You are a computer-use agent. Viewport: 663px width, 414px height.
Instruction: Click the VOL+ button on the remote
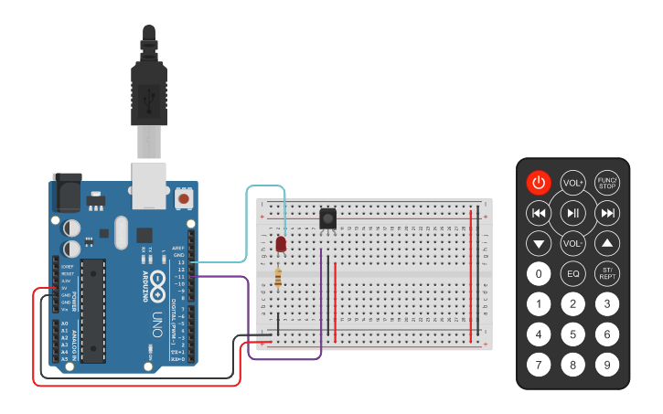pyautogui.click(x=573, y=183)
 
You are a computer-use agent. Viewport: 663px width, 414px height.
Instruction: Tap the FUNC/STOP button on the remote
pyautogui.click(x=606, y=183)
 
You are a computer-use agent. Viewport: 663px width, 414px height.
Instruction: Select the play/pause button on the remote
pyautogui.click(x=573, y=214)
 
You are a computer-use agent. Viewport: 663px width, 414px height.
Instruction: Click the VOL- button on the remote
pyautogui.click(x=573, y=244)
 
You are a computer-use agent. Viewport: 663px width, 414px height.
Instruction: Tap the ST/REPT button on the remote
pyautogui.click(x=606, y=273)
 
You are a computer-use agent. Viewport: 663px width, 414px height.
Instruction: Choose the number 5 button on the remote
pyautogui.click(x=573, y=334)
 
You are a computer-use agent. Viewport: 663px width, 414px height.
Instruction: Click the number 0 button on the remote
pyautogui.click(x=540, y=273)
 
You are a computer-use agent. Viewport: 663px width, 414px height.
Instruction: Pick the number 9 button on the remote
pyautogui.click(x=606, y=366)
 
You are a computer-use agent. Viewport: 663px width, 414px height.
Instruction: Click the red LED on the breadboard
pyautogui.click(x=281, y=244)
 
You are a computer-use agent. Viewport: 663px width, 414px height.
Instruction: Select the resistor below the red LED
pyautogui.click(x=278, y=278)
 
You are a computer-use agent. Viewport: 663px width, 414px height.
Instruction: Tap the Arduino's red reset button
pyautogui.click(x=185, y=197)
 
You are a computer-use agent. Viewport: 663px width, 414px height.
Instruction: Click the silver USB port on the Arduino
pyautogui.click(x=153, y=183)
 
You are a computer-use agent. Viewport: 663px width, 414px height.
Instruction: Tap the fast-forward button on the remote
pyautogui.click(x=606, y=214)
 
